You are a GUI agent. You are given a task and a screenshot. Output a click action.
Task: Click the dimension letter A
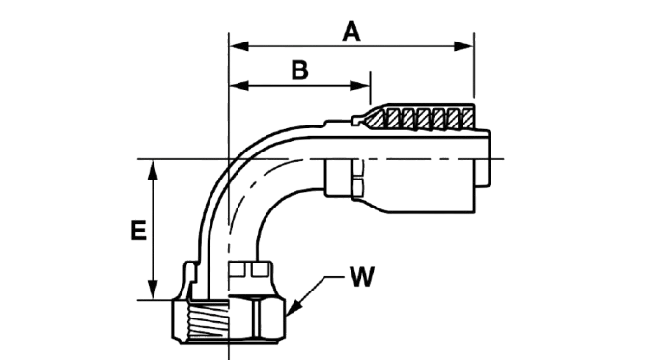point(351,32)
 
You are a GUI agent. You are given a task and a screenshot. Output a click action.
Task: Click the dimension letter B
point(300,69)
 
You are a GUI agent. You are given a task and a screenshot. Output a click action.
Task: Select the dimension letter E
point(139,231)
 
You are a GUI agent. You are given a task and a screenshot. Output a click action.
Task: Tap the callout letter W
point(362,277)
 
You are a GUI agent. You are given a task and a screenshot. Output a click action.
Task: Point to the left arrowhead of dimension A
point(238,46)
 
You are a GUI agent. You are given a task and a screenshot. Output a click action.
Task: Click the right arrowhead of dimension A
point(463,46)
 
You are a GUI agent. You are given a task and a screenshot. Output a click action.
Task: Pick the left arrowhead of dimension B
point(238,86)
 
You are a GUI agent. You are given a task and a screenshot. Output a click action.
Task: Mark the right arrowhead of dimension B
point(360,86)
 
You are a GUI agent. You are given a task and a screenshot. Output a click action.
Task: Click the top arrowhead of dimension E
point(153,170)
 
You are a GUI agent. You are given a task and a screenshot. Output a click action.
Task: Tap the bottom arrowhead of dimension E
point(153,290)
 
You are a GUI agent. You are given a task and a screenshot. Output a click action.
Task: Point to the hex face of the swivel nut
point(257,318)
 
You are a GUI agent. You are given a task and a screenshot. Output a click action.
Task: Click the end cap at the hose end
point(483,159)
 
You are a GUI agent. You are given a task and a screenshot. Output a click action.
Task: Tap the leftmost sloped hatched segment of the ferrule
point(376,119)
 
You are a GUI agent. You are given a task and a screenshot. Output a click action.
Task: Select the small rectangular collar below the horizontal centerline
point(338,178)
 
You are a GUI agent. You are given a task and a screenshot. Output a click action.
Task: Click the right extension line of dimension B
point(370,89)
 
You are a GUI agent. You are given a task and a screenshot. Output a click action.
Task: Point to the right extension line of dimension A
point(474,66)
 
